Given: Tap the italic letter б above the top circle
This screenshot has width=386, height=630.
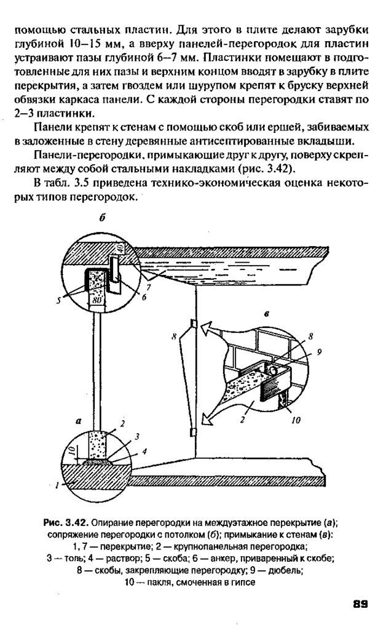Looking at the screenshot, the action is tap(103, 218).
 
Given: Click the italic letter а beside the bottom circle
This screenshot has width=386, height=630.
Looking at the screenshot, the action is tap(78, 421).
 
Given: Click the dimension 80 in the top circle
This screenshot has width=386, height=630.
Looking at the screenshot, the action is tap(95, 301).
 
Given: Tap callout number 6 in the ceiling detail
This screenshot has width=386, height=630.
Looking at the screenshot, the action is tap(144, 297).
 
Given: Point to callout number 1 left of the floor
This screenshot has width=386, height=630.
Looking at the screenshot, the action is tap(57, 485).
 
